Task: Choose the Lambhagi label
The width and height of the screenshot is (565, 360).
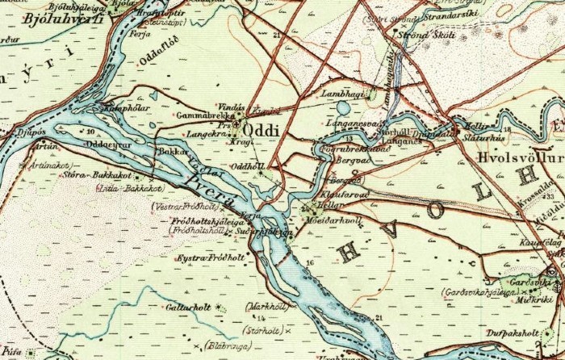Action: [340, 94]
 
